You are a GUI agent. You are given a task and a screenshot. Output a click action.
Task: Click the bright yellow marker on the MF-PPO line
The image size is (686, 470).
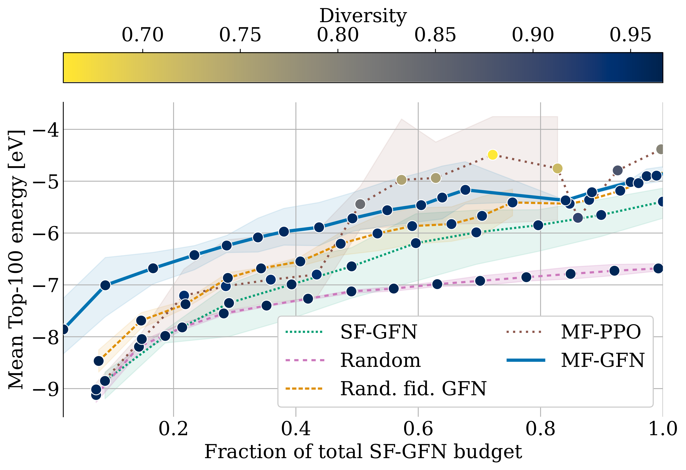(x=492, y=155)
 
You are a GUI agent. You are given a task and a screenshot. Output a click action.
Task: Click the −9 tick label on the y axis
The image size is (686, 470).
(x=46, y=389)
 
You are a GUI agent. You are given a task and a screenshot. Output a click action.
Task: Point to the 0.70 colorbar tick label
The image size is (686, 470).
(x=143, y=35)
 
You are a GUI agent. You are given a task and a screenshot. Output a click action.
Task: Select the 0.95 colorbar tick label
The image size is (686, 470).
(x=630, y=35)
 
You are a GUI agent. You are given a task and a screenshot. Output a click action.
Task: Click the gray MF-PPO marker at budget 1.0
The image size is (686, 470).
(x=661, y=149)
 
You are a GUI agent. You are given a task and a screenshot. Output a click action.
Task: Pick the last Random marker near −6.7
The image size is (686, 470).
(x=658, y=268)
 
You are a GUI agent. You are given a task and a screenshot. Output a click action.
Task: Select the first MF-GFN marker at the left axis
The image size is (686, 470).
(x=64, y=329)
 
